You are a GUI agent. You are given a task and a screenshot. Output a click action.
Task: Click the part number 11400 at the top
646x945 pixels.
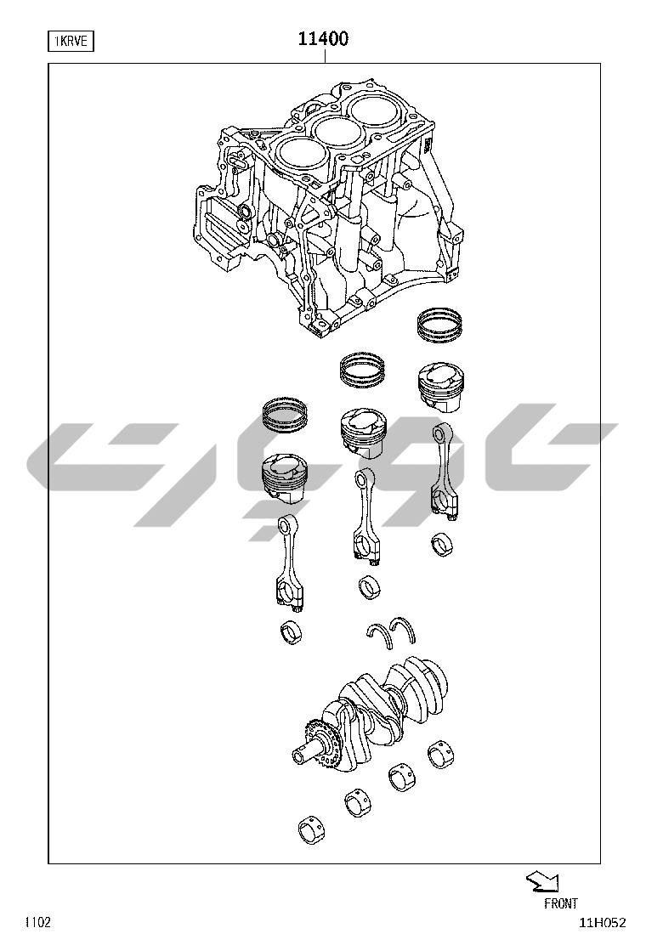[324, 39]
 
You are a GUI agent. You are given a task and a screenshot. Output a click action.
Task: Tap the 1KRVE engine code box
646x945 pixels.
[71, 42]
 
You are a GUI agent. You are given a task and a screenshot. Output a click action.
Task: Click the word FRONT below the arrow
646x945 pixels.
[560, 903]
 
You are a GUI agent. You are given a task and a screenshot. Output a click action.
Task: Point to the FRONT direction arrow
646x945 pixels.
[542, 882]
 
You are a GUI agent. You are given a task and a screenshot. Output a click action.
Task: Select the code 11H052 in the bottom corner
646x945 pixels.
[603, 923]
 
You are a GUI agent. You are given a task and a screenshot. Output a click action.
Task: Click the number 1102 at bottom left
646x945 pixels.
[37, 923]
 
